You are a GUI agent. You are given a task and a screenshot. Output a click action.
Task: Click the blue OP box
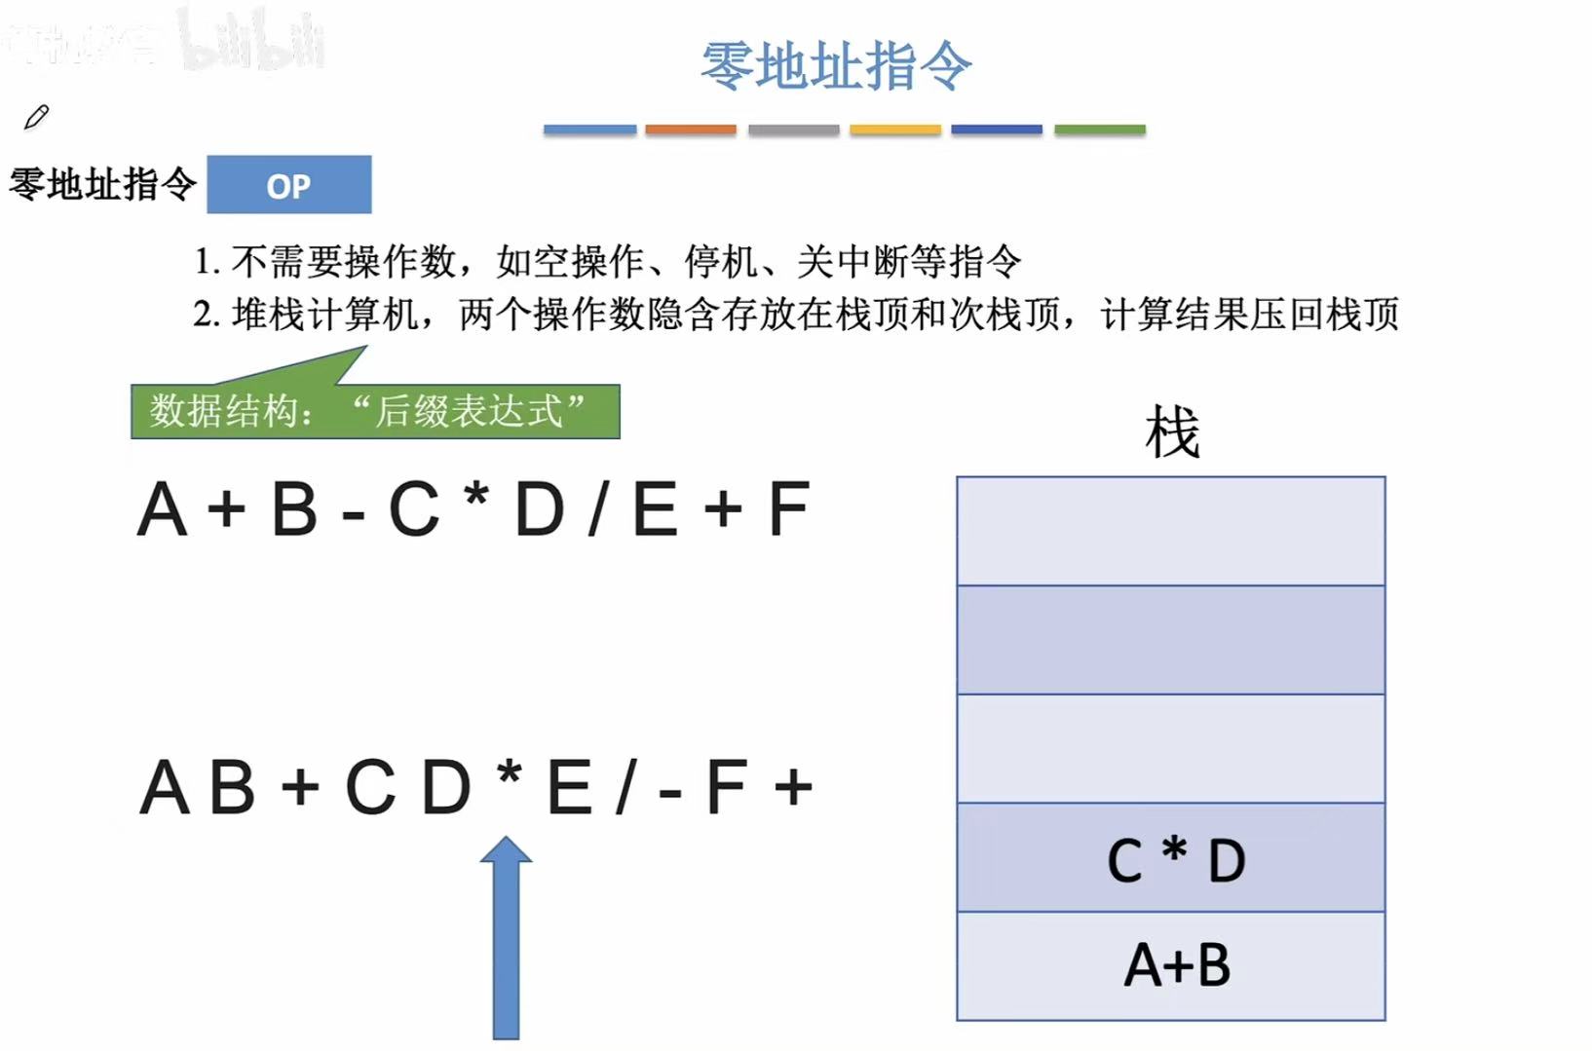(x=288, y=184)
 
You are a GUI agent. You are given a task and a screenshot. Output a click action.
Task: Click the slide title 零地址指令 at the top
(x=836, y=66)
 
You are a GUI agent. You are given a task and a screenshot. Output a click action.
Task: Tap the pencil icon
(x=37, y=117)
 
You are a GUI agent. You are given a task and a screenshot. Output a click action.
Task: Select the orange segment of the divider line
(x=690, y=130)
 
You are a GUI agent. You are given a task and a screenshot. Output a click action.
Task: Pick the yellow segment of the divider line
(x=894, y=130)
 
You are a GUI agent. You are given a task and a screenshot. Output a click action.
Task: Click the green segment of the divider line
(x=1099, y=130)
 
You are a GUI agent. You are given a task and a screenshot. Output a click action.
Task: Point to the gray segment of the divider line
(x=793, y=130)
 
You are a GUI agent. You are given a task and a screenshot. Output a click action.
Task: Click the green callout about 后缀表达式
(x=375, y=411)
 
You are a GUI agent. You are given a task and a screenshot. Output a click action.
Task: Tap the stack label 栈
(x=1171, y=432)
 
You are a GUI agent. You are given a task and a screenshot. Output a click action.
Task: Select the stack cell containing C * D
(x=1171, y=857)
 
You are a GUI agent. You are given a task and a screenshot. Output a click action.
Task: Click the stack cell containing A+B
(x=1171, y=965)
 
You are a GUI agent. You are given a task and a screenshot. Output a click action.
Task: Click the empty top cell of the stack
(x=1171, y=531)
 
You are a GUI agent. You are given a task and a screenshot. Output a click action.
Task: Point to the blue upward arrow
(x=506, y=940)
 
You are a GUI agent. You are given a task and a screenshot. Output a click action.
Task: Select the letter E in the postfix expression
(x=570, y=787)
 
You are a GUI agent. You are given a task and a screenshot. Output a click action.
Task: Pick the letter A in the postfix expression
(x=163, y=787)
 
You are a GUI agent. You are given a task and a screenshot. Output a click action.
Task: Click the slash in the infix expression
(x=598, y=509)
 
